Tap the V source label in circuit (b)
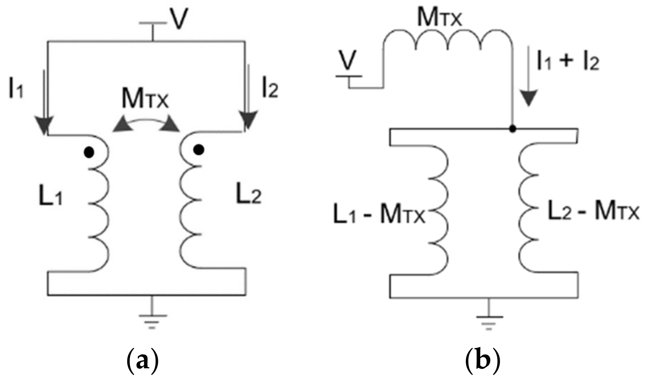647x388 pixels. [x=348, y=61]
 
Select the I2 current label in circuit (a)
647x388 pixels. [x=270, y=88]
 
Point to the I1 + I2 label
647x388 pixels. [x=568, y=61]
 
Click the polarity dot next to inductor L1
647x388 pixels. [x=89, y=153]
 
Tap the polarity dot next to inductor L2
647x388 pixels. [x=199, y=150]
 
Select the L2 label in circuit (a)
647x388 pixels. [x=248, y=195]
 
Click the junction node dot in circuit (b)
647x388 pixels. [x=513, y=129]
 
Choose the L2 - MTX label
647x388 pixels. [x=593, y=211]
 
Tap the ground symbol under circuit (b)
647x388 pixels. [x=489, y=319]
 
